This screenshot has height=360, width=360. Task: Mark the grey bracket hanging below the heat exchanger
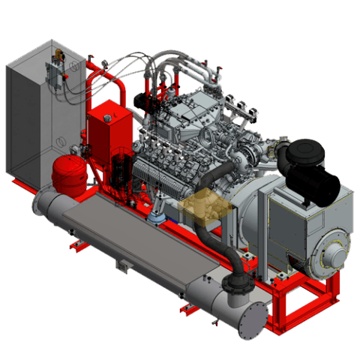click(x=121, y=265)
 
